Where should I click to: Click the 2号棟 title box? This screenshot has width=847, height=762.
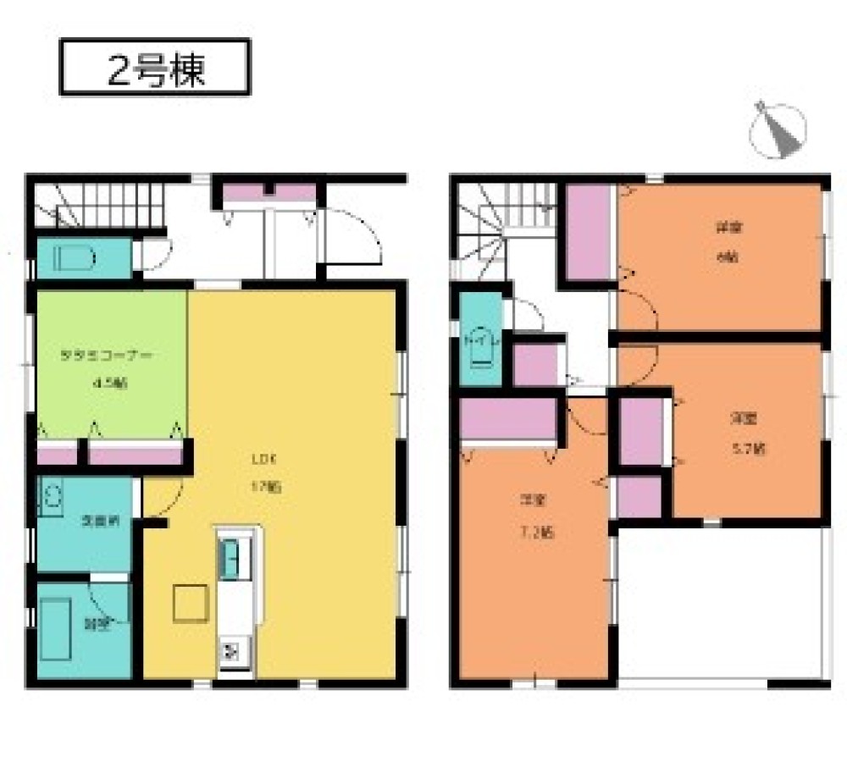tap(155, 68)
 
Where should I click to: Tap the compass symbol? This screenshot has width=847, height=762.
tap(778, 130)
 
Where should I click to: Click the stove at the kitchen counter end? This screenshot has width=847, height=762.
tap(230, 651)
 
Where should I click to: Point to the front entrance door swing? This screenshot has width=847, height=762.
tap(352, 236)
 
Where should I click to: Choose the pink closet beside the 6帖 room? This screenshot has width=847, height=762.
tap(589, 231)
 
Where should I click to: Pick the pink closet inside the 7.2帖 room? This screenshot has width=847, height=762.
tap(508, 419)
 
